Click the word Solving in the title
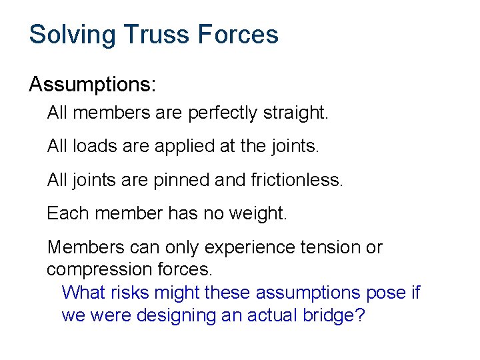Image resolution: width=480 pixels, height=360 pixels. [x=70, y=35]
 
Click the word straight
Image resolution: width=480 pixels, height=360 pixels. [x=296, y=113]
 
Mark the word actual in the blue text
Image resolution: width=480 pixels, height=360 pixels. [x=273, y=315]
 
